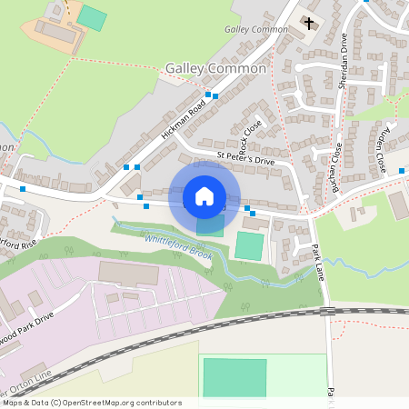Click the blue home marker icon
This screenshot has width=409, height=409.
click(204, 195)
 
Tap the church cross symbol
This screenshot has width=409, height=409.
click(309, 23)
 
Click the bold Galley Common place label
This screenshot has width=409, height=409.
click(216, 68)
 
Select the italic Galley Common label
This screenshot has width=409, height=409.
click(257, 29)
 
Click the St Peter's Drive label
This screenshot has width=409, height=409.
click(244, 157)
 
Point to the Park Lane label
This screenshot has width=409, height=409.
click(318, 260)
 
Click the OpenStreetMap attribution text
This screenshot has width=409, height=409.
click(91, 402)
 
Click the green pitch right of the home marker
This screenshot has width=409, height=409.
click(249, 245)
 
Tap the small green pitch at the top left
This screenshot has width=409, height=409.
click(91, 16)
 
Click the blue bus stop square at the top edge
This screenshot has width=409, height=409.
click(365, 2)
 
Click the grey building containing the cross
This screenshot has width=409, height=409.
click(306, 27)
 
